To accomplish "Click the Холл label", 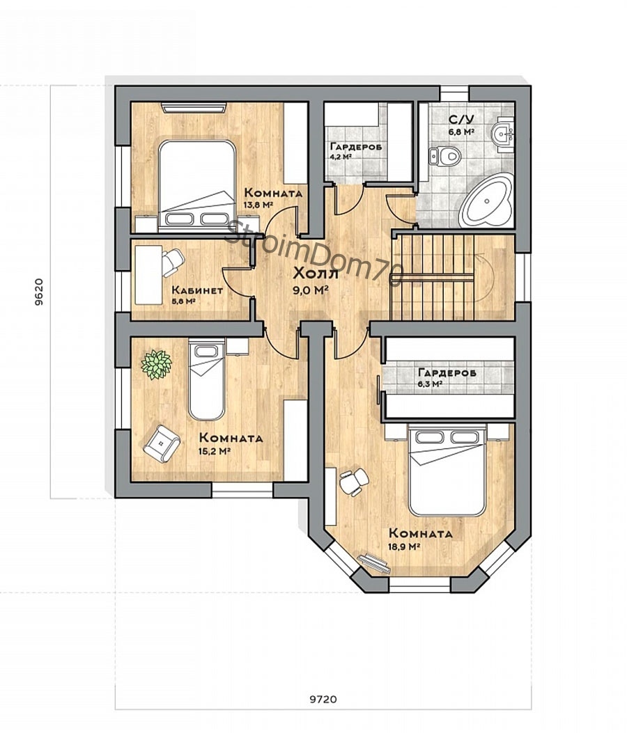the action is tap(316, 274).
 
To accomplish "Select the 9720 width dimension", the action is tap(323, 700).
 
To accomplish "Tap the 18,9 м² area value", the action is tap(403, 546).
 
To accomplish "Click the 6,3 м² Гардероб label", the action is tap(447, 377).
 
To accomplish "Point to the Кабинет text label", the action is tap(197, 290).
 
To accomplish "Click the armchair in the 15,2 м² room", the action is tap(162, 443).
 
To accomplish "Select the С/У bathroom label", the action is tap(458, 119).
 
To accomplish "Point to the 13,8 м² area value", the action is tap(258, 205).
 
